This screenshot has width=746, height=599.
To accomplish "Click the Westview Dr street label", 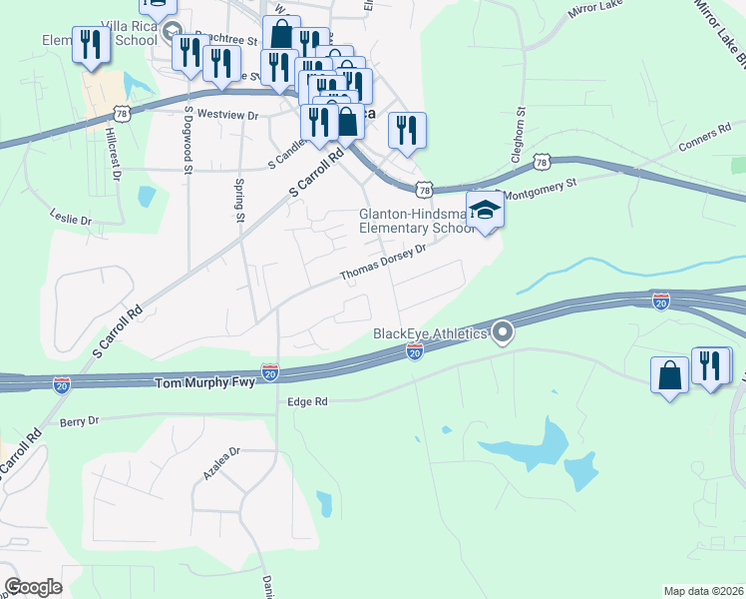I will point(228,116).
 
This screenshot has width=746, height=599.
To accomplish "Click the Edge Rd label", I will point(307,401).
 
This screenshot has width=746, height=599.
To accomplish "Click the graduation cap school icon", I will point(485,211).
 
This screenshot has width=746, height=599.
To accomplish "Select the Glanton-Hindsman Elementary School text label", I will point(417,221).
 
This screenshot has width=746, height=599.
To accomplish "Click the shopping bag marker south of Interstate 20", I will point(668,375).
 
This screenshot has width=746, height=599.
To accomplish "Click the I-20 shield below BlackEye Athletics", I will point(415,351).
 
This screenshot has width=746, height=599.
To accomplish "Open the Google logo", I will point(33,587).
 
